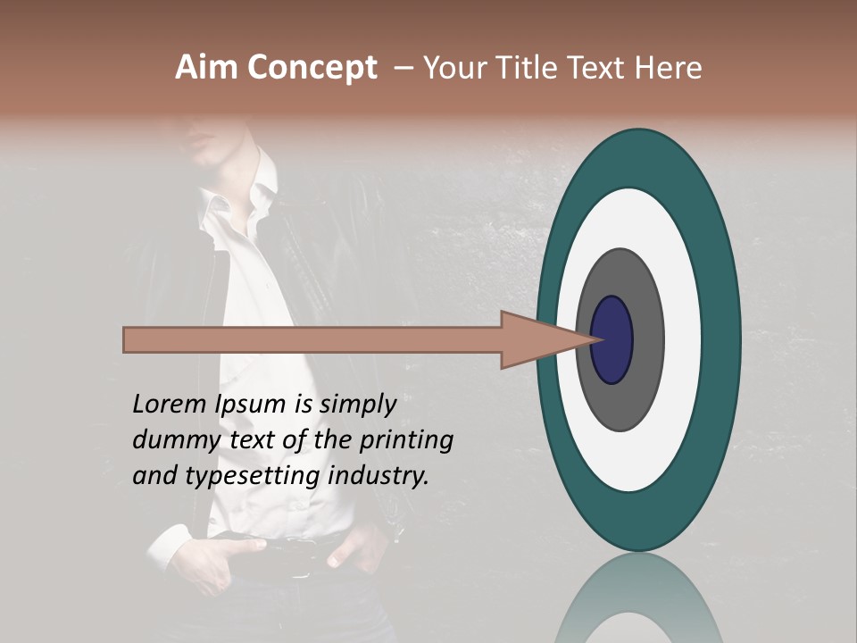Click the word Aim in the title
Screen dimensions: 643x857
pos(207,68)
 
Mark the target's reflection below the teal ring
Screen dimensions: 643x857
pos(637,598)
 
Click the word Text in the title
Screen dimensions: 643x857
pos(600,68)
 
